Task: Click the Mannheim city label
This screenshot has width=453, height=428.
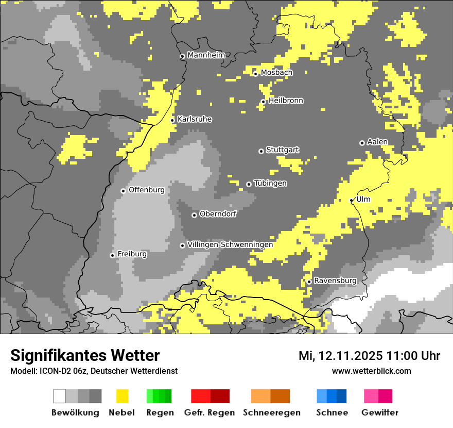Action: click(206, 55)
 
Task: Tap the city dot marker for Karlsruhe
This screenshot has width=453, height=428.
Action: click(172, 120)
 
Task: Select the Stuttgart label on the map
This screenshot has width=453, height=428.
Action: click(282, 150)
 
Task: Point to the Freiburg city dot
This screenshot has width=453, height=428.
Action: click(112, 255)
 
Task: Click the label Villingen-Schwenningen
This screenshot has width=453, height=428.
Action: click(230, 244)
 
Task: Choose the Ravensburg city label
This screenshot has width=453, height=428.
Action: click(335, 281)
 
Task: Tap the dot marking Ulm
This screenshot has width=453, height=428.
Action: click(352, 200)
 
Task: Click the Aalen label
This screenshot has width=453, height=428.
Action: click(377, 142)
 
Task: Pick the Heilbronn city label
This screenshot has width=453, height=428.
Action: click(286, 101)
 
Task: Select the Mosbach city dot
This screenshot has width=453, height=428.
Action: click(255, 74)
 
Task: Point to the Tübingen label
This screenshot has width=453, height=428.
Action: click(270, 184)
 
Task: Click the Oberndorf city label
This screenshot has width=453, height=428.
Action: click(218, 214)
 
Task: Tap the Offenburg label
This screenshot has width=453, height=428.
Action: click(147, 190)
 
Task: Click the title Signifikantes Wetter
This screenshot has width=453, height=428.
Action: click(85, 355)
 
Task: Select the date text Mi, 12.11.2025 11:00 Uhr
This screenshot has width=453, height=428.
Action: click(369, 356)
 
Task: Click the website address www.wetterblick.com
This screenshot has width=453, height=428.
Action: click(371, 371)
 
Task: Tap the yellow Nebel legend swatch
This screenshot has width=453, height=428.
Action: click(122, 396)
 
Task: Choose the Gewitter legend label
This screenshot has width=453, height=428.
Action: click(380, 413)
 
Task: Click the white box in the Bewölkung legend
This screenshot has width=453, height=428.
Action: click(60, 396)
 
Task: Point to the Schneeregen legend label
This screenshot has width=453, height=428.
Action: click(271, 413)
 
